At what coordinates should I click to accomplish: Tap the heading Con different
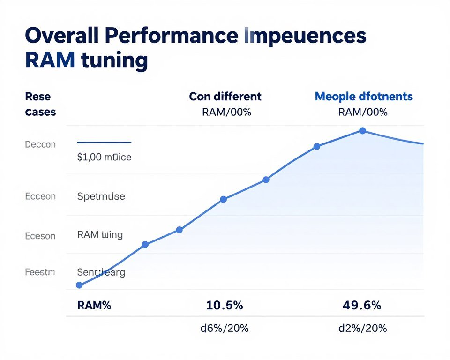pos(225,97)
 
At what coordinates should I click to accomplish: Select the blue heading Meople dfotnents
pos(364,97)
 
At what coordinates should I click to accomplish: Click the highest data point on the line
pos(362,131)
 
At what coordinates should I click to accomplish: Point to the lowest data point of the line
pos(79,285)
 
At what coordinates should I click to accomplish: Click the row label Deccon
pos(40,144)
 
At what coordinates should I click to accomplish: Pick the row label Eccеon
pos(40,196)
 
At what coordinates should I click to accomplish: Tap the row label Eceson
pos(40,236)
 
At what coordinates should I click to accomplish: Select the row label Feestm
pos(40,272)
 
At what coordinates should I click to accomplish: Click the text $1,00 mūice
pos(104,157)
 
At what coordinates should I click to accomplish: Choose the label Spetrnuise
pos(101,196)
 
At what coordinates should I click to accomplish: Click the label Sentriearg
pos(101,272)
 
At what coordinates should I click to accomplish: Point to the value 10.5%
pos(225,306)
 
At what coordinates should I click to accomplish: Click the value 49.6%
pos(362,306)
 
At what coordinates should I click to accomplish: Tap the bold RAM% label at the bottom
pos(94,306)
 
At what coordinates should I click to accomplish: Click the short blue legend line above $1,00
pos(104,142)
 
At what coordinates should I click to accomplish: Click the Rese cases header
pos(40,104)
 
